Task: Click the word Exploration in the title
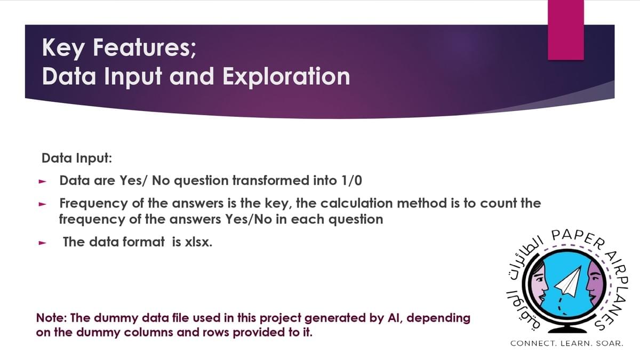click(x=286, y=77)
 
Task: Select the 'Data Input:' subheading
click(x=77, y=158)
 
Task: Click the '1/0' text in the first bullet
click(x=351, y=180)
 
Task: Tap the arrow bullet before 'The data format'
click(x=42, y=243)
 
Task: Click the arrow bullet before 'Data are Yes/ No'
click(x=42, y=181)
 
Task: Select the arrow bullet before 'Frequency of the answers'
click(x=42, y=204)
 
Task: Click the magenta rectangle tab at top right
click(x=566, y=30)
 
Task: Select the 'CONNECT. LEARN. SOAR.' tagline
click(x=567, y=343)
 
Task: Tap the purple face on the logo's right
click(x=595, y=283)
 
